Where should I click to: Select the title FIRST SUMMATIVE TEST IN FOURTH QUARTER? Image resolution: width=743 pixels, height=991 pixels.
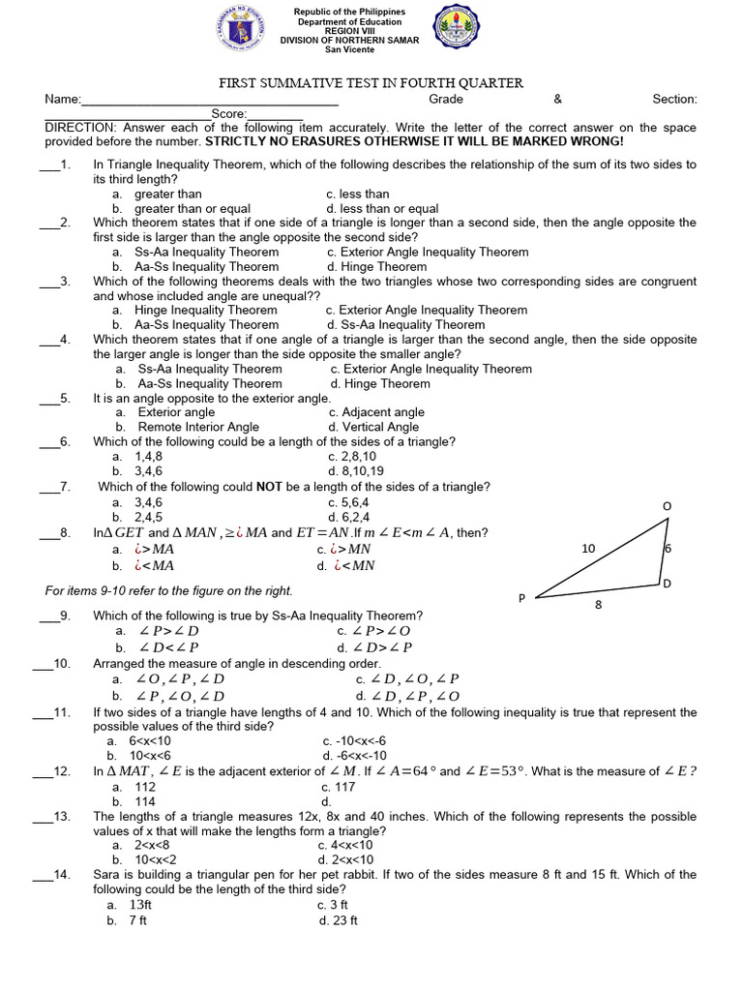(371, 83)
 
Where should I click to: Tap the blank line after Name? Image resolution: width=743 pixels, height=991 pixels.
(211, 101)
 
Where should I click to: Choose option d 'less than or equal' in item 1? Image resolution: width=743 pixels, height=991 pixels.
(382, 208)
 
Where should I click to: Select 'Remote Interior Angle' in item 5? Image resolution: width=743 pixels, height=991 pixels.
(198, 427)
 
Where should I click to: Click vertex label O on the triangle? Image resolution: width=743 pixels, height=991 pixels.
(667, 507)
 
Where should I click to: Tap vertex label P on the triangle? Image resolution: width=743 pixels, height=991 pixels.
(521, 599)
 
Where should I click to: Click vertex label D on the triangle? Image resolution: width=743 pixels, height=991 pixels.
(667, 585)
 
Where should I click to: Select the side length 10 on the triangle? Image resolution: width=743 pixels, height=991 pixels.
(588, 549)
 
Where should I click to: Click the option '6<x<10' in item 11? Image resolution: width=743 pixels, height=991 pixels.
(150, 741)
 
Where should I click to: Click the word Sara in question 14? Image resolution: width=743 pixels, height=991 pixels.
(107, 875)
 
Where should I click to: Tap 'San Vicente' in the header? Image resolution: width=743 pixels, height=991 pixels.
(350, 50)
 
